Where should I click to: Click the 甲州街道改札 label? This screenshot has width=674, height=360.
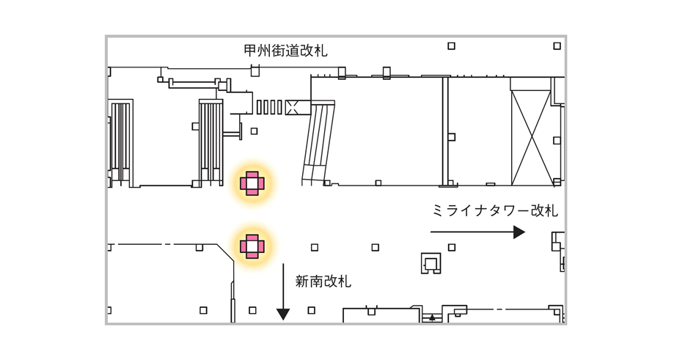[285, 51]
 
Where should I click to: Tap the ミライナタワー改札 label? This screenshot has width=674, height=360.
[495, 210]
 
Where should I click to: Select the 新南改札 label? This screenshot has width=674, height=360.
[323, 282]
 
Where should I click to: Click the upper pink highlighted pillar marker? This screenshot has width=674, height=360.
[252, 183]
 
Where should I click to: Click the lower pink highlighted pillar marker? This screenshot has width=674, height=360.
[252, 246]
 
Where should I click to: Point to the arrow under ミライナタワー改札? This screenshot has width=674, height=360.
[477, 232]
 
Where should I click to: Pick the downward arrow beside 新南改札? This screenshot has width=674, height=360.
[283, 292]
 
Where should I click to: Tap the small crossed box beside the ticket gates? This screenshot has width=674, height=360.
[293, 107]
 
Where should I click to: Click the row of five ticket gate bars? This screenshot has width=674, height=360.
[269, 107]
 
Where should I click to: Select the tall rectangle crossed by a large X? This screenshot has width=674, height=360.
[531, 138]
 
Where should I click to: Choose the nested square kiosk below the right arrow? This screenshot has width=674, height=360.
[431, 263]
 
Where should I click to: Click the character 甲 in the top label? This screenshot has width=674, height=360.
[251, 51]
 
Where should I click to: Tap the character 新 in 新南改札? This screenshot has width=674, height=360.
[302, 282]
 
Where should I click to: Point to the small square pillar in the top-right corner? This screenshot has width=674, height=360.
[557, 46]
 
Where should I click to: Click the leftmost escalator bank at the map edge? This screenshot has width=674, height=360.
[120, 143]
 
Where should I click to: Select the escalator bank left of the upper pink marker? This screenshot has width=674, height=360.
[210, 143]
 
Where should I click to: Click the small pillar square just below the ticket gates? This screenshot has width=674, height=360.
[254, 131]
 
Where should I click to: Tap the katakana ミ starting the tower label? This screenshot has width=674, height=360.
[439, 210]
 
